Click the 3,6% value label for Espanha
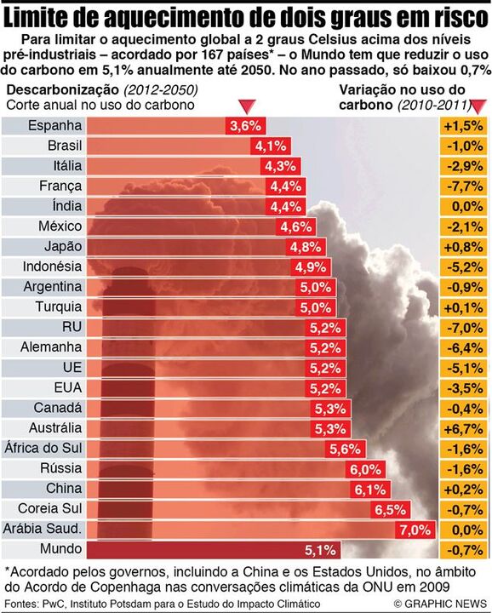tap(245, 126)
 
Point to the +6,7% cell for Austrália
tap(463, 427)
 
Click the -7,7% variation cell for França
tap(463, 186)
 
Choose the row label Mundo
tap(61, 549)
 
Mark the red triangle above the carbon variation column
tap(478, 106)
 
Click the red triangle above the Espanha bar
tap(246, 106)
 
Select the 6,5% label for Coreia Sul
tap(391, 509)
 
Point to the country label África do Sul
tap(43, 448)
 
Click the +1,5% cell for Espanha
tap(463, 125)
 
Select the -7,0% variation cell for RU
tap(463, 327)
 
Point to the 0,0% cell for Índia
tap(463, 206)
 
